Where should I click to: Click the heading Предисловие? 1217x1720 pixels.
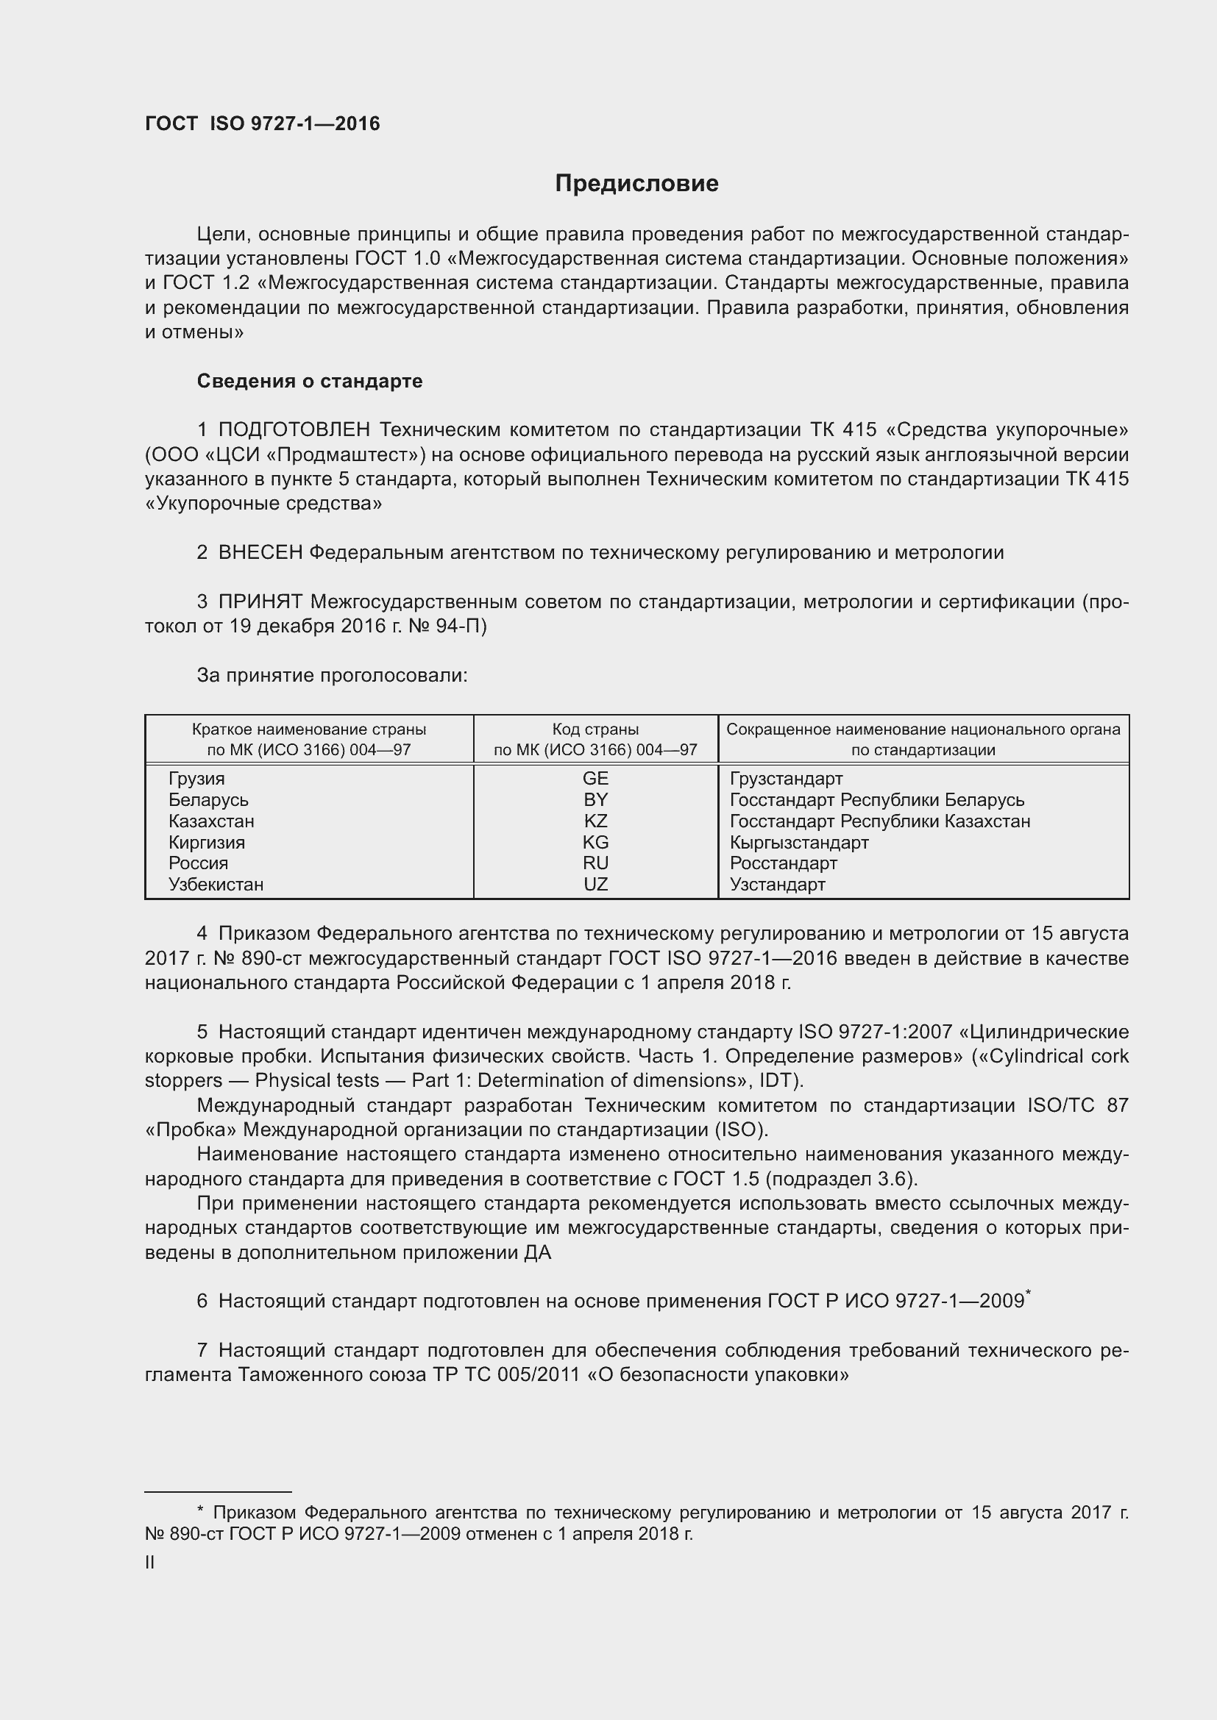636,184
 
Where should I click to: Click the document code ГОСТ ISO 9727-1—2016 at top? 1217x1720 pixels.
262,124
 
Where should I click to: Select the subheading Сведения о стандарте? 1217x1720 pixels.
310,382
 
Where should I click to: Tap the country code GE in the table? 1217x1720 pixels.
595,778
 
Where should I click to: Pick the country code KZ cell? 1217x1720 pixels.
595,821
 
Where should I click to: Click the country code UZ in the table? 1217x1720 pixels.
595,884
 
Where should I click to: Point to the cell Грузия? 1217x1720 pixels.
196,778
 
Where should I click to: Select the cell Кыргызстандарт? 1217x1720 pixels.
799,842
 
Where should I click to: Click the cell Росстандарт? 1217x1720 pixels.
783,863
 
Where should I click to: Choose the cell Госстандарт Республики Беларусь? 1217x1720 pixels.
877,800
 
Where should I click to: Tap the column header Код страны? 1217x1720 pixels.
595,729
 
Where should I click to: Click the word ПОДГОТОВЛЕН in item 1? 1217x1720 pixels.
294,430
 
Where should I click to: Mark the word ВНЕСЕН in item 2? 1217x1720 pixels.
260,553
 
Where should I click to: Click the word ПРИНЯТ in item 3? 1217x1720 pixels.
260,602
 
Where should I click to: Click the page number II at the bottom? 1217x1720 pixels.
150,1563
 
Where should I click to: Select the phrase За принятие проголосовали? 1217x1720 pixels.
332,676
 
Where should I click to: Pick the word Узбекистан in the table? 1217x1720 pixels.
216,884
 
